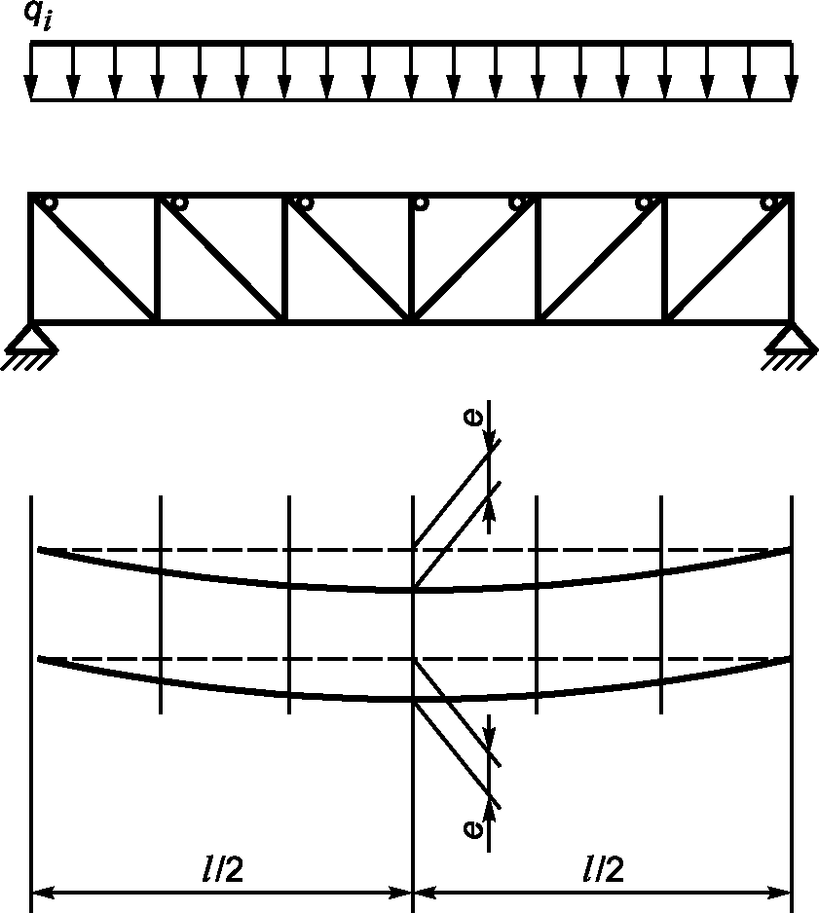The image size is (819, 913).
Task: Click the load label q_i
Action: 37,16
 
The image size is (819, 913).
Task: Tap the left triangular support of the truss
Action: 31,340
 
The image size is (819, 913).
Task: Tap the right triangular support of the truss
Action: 792,340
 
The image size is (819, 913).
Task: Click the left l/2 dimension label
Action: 222,870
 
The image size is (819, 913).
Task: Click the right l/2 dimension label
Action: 604,870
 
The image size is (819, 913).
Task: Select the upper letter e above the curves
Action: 473,417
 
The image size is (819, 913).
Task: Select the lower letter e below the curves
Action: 473,828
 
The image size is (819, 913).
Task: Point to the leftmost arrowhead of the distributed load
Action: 30,88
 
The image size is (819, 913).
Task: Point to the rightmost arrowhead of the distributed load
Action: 791,88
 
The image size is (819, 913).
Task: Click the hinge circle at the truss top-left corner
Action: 50,203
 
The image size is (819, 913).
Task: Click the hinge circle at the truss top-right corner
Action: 769,203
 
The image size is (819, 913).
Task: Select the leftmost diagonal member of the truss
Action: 94,258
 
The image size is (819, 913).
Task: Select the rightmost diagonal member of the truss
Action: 728,258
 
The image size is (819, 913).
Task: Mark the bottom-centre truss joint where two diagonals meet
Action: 412,319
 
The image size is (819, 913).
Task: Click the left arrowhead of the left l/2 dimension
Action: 43,892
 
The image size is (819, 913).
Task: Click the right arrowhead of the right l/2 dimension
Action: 779,892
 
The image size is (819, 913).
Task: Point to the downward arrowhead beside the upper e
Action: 489,443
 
